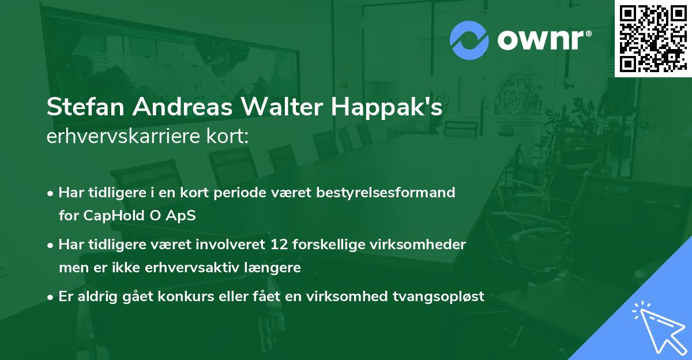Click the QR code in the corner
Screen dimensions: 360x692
pos(653,38)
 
